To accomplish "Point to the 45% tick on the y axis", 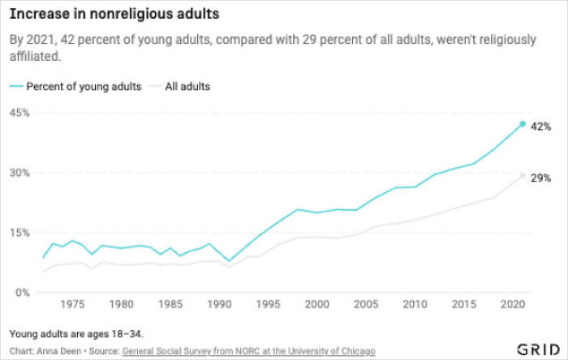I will (19, 113).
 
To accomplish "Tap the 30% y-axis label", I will (19, 173).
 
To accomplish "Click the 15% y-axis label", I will (19, 233).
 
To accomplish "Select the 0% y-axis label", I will (22, 292).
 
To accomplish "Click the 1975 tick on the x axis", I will (73, 305).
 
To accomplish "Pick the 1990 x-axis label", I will (219, 305).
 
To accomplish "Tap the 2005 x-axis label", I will (366, 305).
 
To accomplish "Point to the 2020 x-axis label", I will (513, 305).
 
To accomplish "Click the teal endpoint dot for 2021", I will (523, 124).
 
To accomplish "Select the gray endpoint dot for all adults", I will (523, 176).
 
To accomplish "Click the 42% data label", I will (541, 126).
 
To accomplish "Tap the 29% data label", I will (541, 178).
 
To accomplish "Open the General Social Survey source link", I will (248, 350).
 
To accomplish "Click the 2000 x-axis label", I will (317, 305).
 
